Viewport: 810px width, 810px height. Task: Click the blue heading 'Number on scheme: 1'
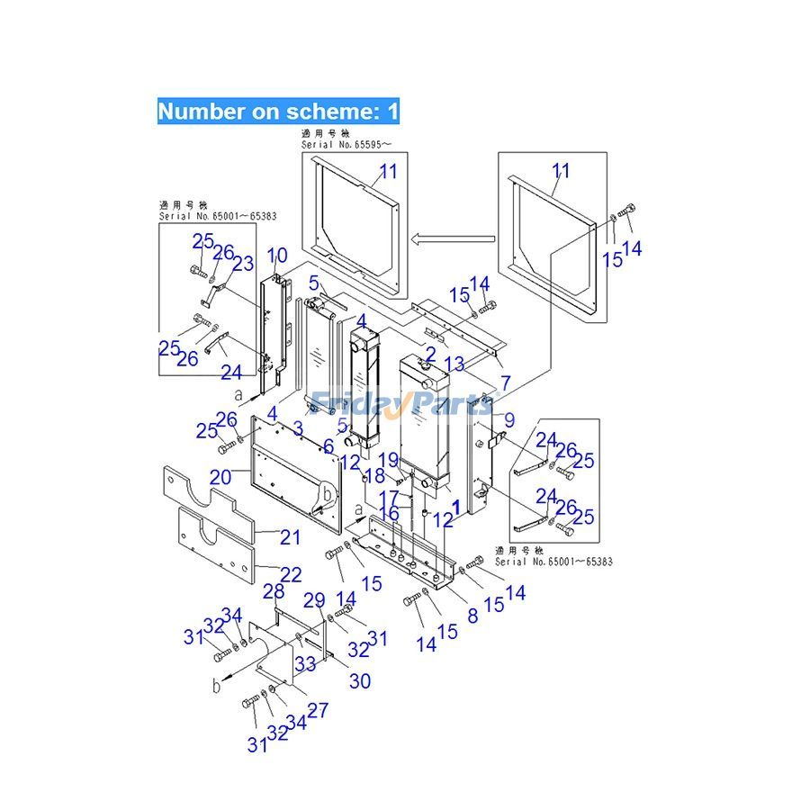[278, 112]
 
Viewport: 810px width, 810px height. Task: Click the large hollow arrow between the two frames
[454, 238]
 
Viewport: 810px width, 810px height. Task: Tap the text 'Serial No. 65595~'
[346, 143]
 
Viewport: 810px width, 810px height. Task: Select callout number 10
[276, 256]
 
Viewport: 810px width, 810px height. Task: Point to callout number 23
[243, 265]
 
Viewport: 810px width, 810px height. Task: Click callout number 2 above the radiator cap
[430, 353]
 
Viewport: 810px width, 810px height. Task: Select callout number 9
[508, 418]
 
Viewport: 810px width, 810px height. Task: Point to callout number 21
[290, 537]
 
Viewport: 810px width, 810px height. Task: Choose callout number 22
[290, 573]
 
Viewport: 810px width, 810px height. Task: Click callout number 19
[387, 460]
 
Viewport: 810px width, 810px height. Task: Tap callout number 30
[359, 682]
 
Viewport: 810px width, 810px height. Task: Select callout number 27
[317, 710]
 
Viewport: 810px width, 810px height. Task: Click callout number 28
[274, 591]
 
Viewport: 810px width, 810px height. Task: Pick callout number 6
[328, 446]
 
